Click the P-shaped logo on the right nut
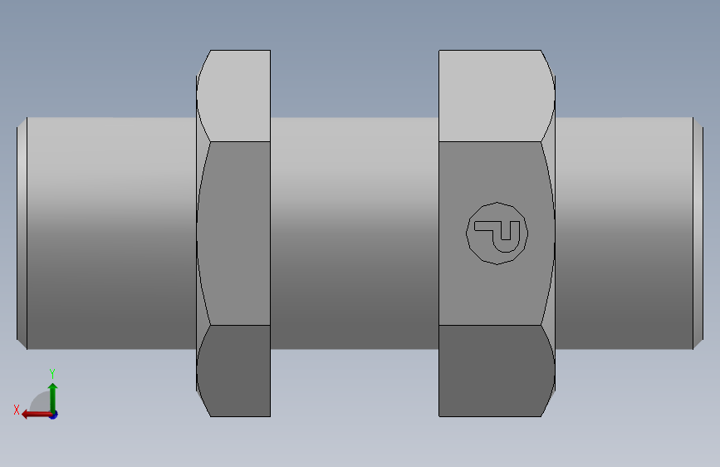497,233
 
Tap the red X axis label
17,410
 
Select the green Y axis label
52,373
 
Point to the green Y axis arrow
53,398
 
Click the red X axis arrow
37,415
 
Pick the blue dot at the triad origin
54,415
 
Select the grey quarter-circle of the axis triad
41,402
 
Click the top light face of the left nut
234,96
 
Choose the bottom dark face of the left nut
234,371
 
